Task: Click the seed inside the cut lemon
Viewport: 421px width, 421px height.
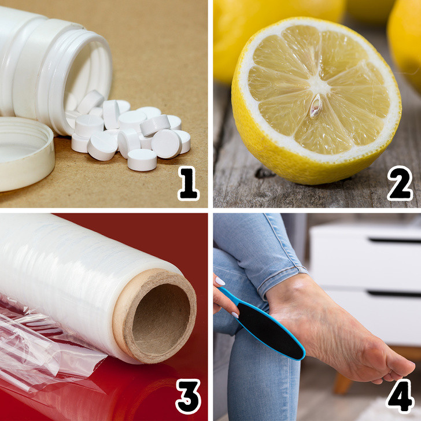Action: click(315, 106)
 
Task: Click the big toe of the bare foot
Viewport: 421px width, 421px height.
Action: click(399, 367)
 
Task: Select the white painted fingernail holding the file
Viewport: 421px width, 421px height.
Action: click(220, 281)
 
